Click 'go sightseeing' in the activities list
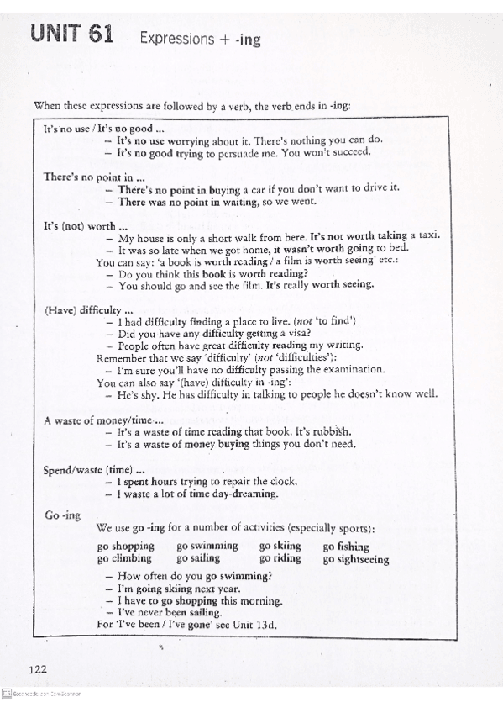(356, 559)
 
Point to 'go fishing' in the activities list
(346, 547)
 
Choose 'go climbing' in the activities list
(124, 558)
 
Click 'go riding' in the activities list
(280, 558)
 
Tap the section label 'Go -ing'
(62, 515)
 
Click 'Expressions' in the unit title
(177, 38)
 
